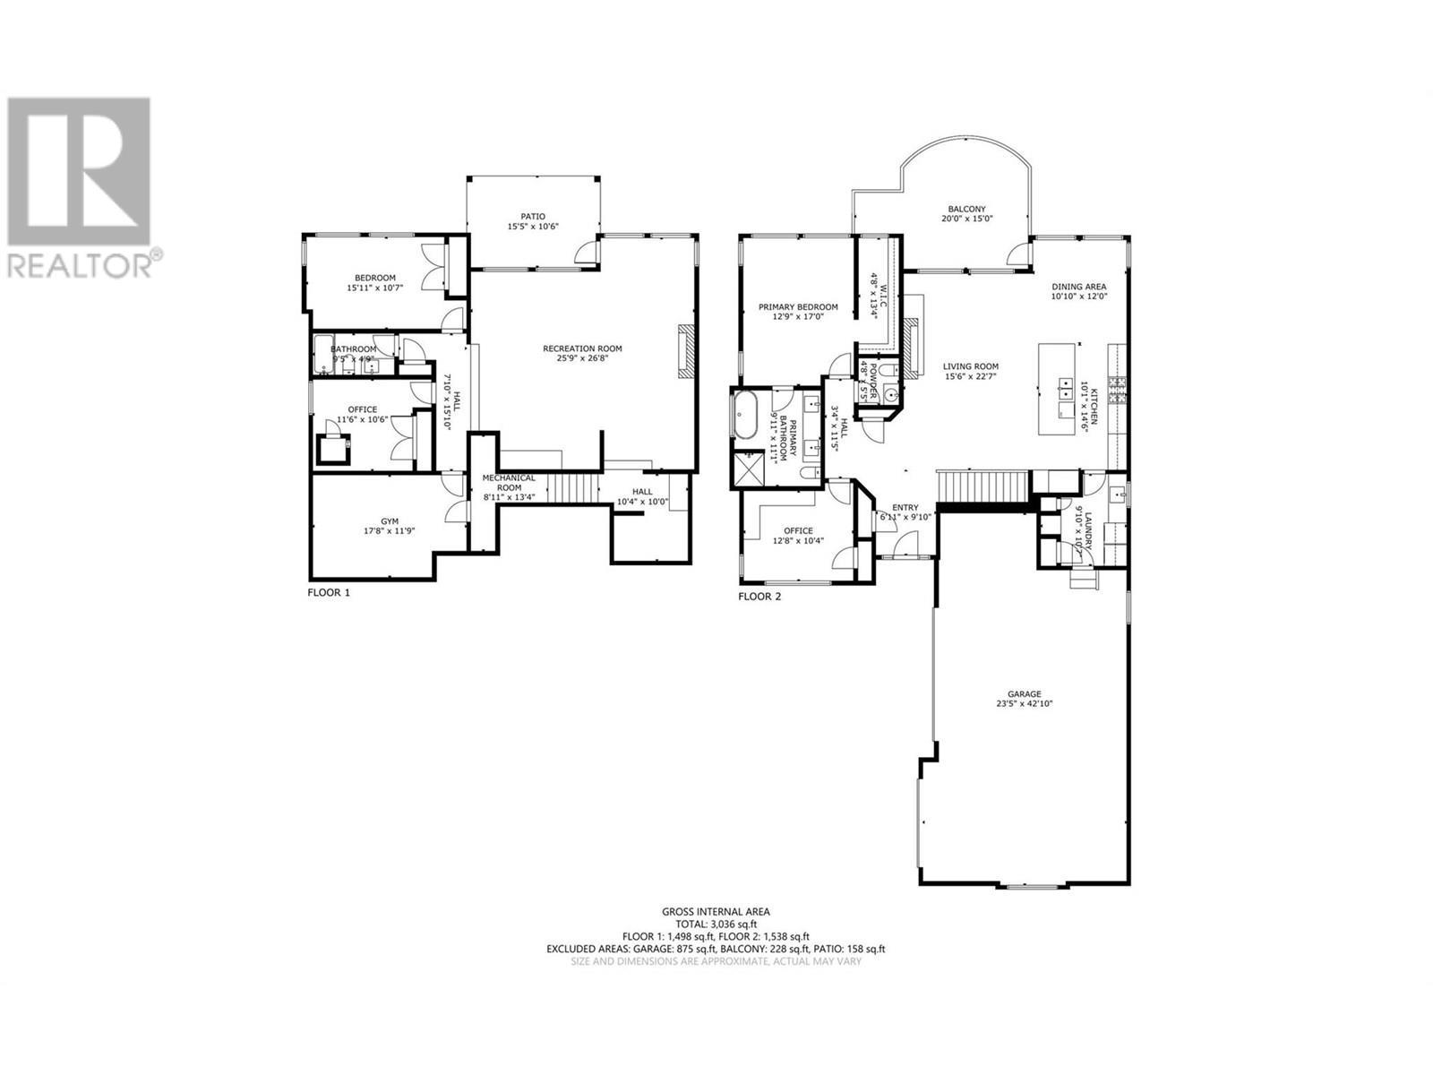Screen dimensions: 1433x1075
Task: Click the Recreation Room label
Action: point(582,348)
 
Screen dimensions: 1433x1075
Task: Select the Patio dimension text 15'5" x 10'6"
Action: point(533,227)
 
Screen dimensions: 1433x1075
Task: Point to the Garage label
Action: point(1024,693)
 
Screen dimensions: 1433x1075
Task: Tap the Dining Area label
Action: point(1079,286)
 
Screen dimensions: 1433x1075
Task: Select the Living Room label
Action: point(970,366)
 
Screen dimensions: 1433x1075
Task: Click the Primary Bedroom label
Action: point(798,306)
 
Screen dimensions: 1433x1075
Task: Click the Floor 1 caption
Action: point(329,592)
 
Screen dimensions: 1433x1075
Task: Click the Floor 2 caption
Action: point(759,596)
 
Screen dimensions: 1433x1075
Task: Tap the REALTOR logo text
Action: point(79,266)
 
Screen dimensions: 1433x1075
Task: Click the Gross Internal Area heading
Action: point(716,911)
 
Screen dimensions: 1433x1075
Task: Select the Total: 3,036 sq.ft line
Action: point(716,924)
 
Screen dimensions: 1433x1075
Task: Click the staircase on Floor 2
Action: point(982,486)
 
